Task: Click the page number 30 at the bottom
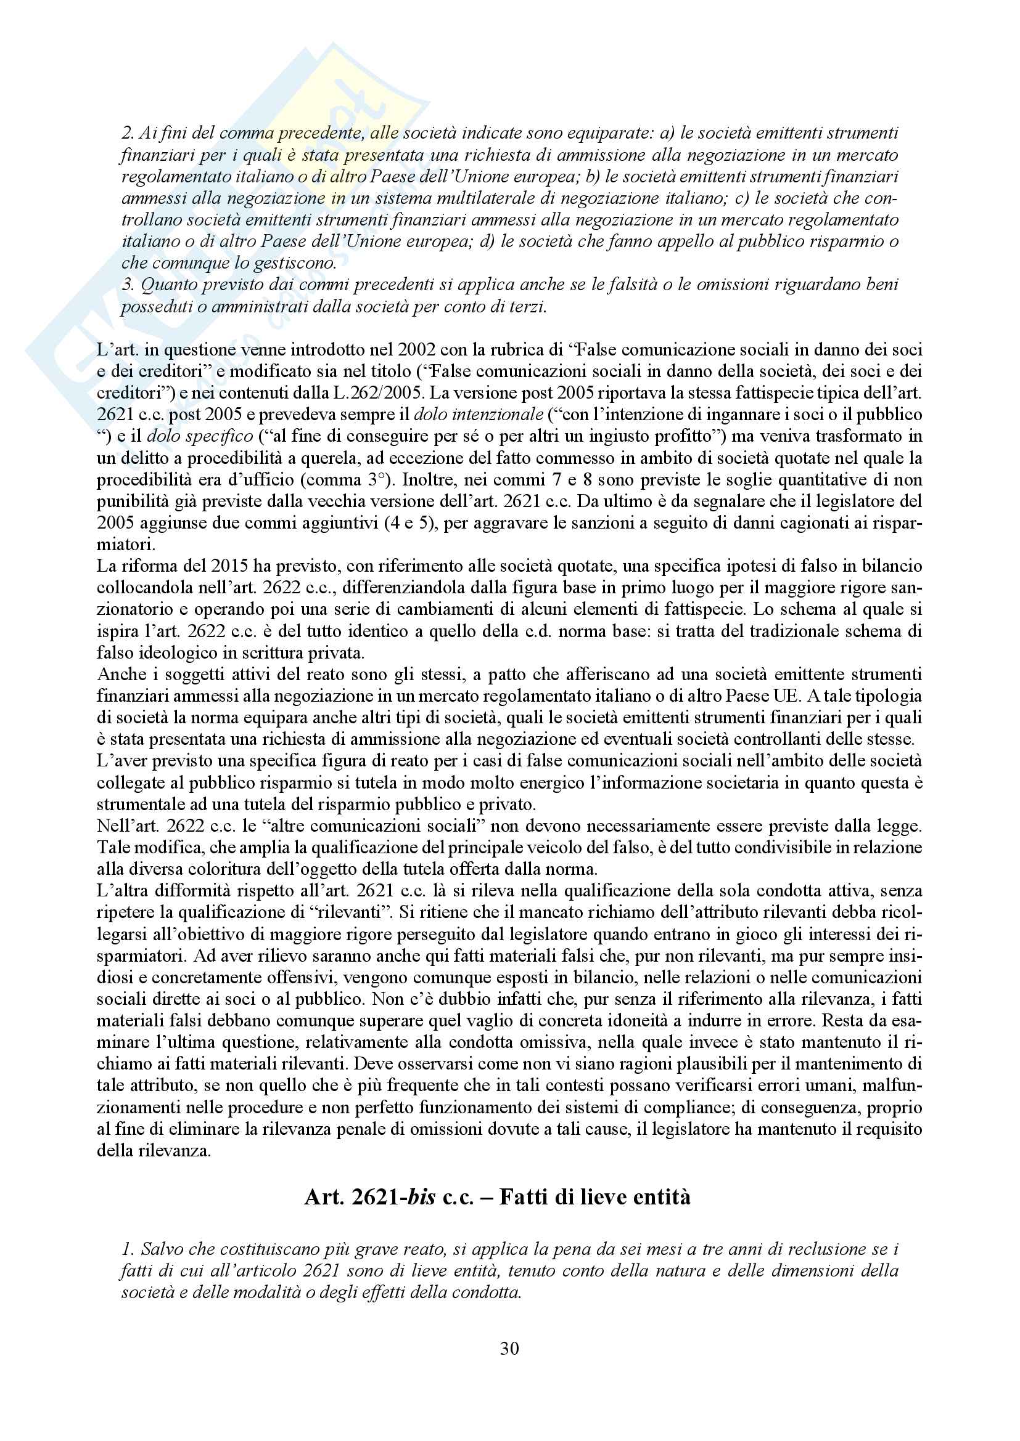point(509,1348)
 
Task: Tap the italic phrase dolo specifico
point(200,436)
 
